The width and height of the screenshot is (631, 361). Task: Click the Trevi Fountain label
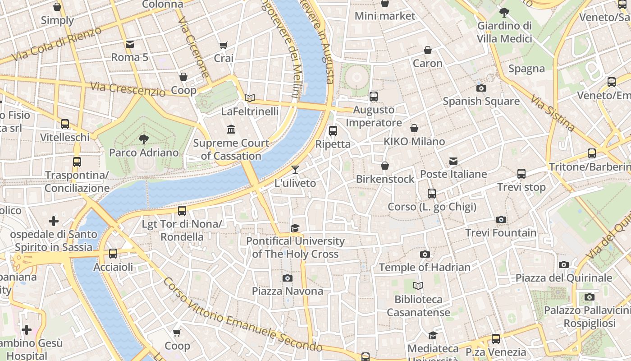501,233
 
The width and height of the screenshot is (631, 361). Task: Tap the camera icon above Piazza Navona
288,278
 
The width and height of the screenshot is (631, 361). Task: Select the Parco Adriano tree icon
144,139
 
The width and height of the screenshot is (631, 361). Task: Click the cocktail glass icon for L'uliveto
295,170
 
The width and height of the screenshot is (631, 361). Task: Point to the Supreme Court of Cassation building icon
231,130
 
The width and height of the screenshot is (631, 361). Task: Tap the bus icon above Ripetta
333,131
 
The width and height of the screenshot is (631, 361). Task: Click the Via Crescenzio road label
128,89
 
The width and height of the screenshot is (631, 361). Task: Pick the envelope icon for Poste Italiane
453,161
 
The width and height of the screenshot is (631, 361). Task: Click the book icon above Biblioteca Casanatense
418,286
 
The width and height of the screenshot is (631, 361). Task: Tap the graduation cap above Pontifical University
295,228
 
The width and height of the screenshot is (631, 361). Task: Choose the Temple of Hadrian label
425,267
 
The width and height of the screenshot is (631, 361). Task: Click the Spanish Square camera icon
481,88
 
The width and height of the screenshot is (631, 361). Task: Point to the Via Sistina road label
553,113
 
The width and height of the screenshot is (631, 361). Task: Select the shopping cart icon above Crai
223,45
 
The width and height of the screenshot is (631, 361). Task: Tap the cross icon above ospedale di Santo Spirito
54,221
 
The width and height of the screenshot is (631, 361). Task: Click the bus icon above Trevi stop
521,174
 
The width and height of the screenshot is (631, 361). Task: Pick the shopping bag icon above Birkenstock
385,166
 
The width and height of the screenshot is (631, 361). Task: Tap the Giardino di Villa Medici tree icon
504,12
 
